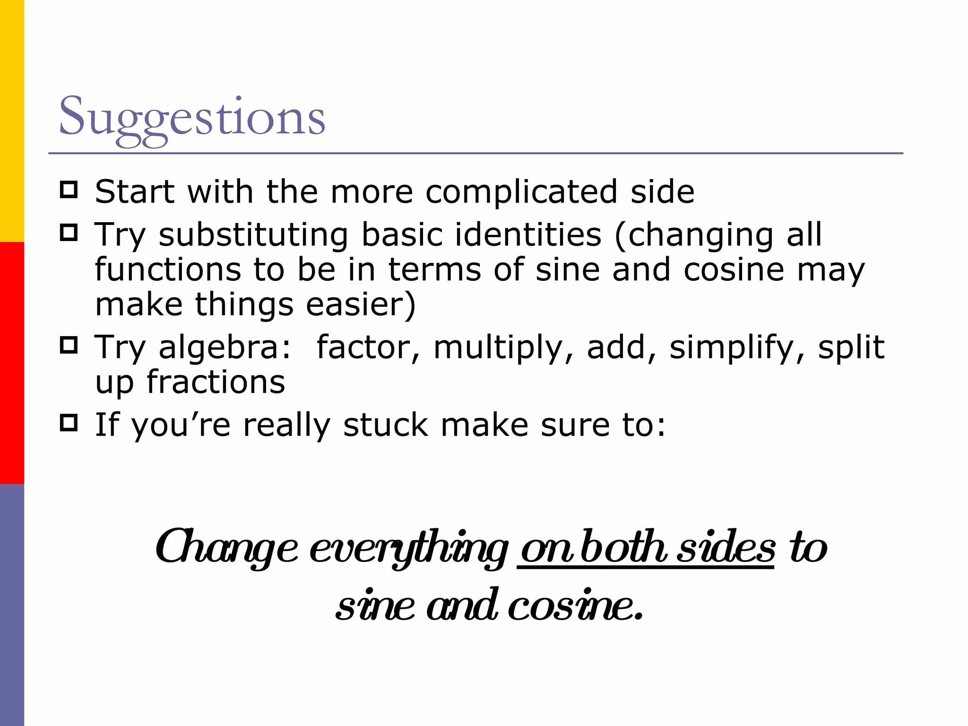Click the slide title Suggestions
tap(192, 117)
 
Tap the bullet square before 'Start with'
tap(69, 190)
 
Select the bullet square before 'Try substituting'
tap(69, 233)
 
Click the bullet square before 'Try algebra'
tap(69, 346)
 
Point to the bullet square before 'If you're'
tap(69, 423)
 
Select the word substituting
tap(253, 235)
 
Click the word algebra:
tap(225, 348)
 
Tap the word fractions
tap(216, 382)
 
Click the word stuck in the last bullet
tap(386, 425)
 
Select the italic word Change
tap(227, 548)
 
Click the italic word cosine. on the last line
tap(575, 606)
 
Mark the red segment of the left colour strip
tap(12, 363)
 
